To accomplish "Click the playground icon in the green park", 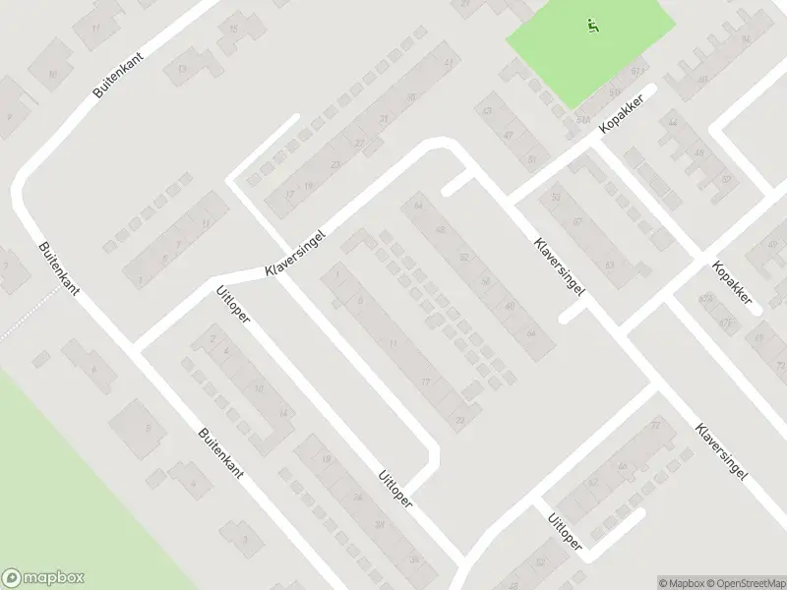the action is (591, 27).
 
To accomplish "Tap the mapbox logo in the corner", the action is (43, 578).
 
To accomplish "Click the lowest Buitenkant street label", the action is (220, 452).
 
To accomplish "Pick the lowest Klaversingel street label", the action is (721, 450).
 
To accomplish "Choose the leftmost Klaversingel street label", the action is (294, 255).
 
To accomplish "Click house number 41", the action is (449, 62).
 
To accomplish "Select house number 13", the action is (182, 68).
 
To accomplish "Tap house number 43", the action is (486, 111).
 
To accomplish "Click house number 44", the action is (673, 123).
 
